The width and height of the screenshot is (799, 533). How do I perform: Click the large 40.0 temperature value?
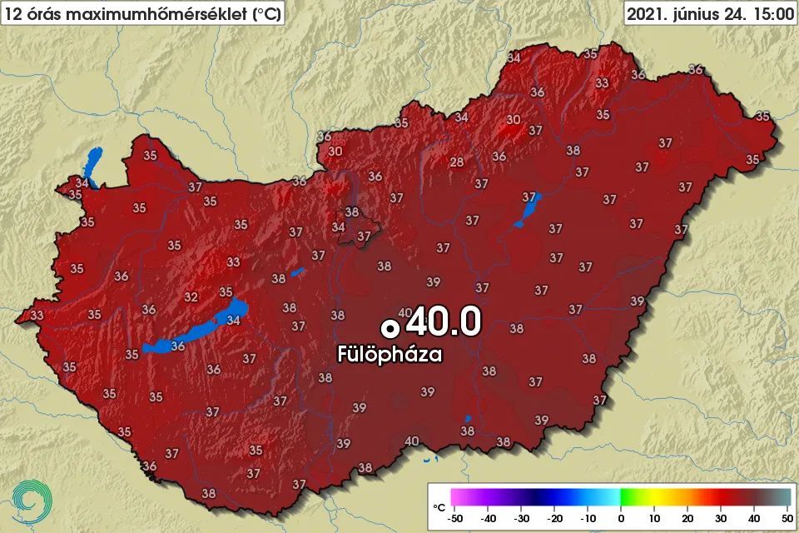pos(447,321)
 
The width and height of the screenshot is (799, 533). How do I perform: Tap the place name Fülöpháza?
pos(390,354)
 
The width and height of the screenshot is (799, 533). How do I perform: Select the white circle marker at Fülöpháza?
pos(388,326)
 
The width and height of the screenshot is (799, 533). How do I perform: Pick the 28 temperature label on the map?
pos(457,162)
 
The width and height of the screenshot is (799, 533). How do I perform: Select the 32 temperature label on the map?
pos(191,296)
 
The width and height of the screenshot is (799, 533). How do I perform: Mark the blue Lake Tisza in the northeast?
pos(527,210)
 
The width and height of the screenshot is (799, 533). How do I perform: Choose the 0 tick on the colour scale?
pos(621,518)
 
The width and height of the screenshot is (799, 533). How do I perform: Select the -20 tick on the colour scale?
pos(554,518)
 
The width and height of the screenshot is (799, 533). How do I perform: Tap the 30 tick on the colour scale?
pos(718,518)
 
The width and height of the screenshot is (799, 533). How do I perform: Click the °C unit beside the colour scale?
pos(439,506)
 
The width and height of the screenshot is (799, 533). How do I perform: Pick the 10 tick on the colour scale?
pos(654,518)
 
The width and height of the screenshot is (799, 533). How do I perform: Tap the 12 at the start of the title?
pos(12,13)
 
